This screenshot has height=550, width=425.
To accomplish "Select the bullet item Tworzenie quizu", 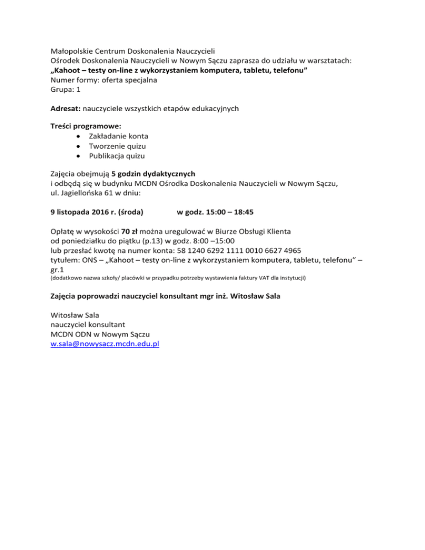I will pos(117,147).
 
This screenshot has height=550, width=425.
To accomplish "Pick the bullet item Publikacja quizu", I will pos(117,157).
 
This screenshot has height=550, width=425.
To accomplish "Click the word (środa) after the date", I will pos(127,211).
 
